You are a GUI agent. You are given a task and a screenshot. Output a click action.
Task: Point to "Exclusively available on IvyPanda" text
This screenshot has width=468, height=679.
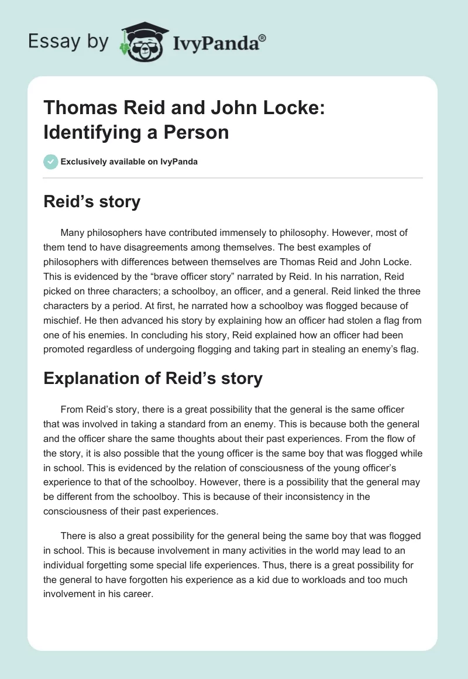(129, 162)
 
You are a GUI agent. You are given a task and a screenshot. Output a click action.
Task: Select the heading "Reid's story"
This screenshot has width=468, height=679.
(92, 202)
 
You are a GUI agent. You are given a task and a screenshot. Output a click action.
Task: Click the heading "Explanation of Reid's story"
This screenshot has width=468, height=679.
(153, 378)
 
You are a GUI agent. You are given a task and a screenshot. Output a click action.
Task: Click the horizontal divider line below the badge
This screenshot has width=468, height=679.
(233, 177)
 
